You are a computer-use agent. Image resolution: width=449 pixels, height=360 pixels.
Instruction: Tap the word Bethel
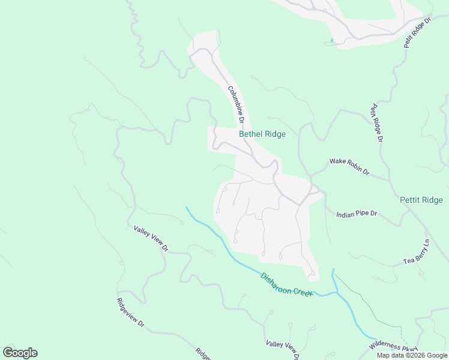coord(250,134)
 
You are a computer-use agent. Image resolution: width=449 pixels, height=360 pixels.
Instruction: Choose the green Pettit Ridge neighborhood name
coord(421,200)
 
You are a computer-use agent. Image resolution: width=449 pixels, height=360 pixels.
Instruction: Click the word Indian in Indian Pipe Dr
coord(346,214)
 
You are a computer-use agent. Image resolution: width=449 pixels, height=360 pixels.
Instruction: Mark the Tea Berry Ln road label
coord(417,252)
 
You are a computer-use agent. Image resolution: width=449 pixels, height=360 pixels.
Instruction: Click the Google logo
coord(20,353)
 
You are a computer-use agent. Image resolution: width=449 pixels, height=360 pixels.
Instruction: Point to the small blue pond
coord(330,41)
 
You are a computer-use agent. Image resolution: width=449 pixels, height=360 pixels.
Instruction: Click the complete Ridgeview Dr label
coord(131,313)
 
